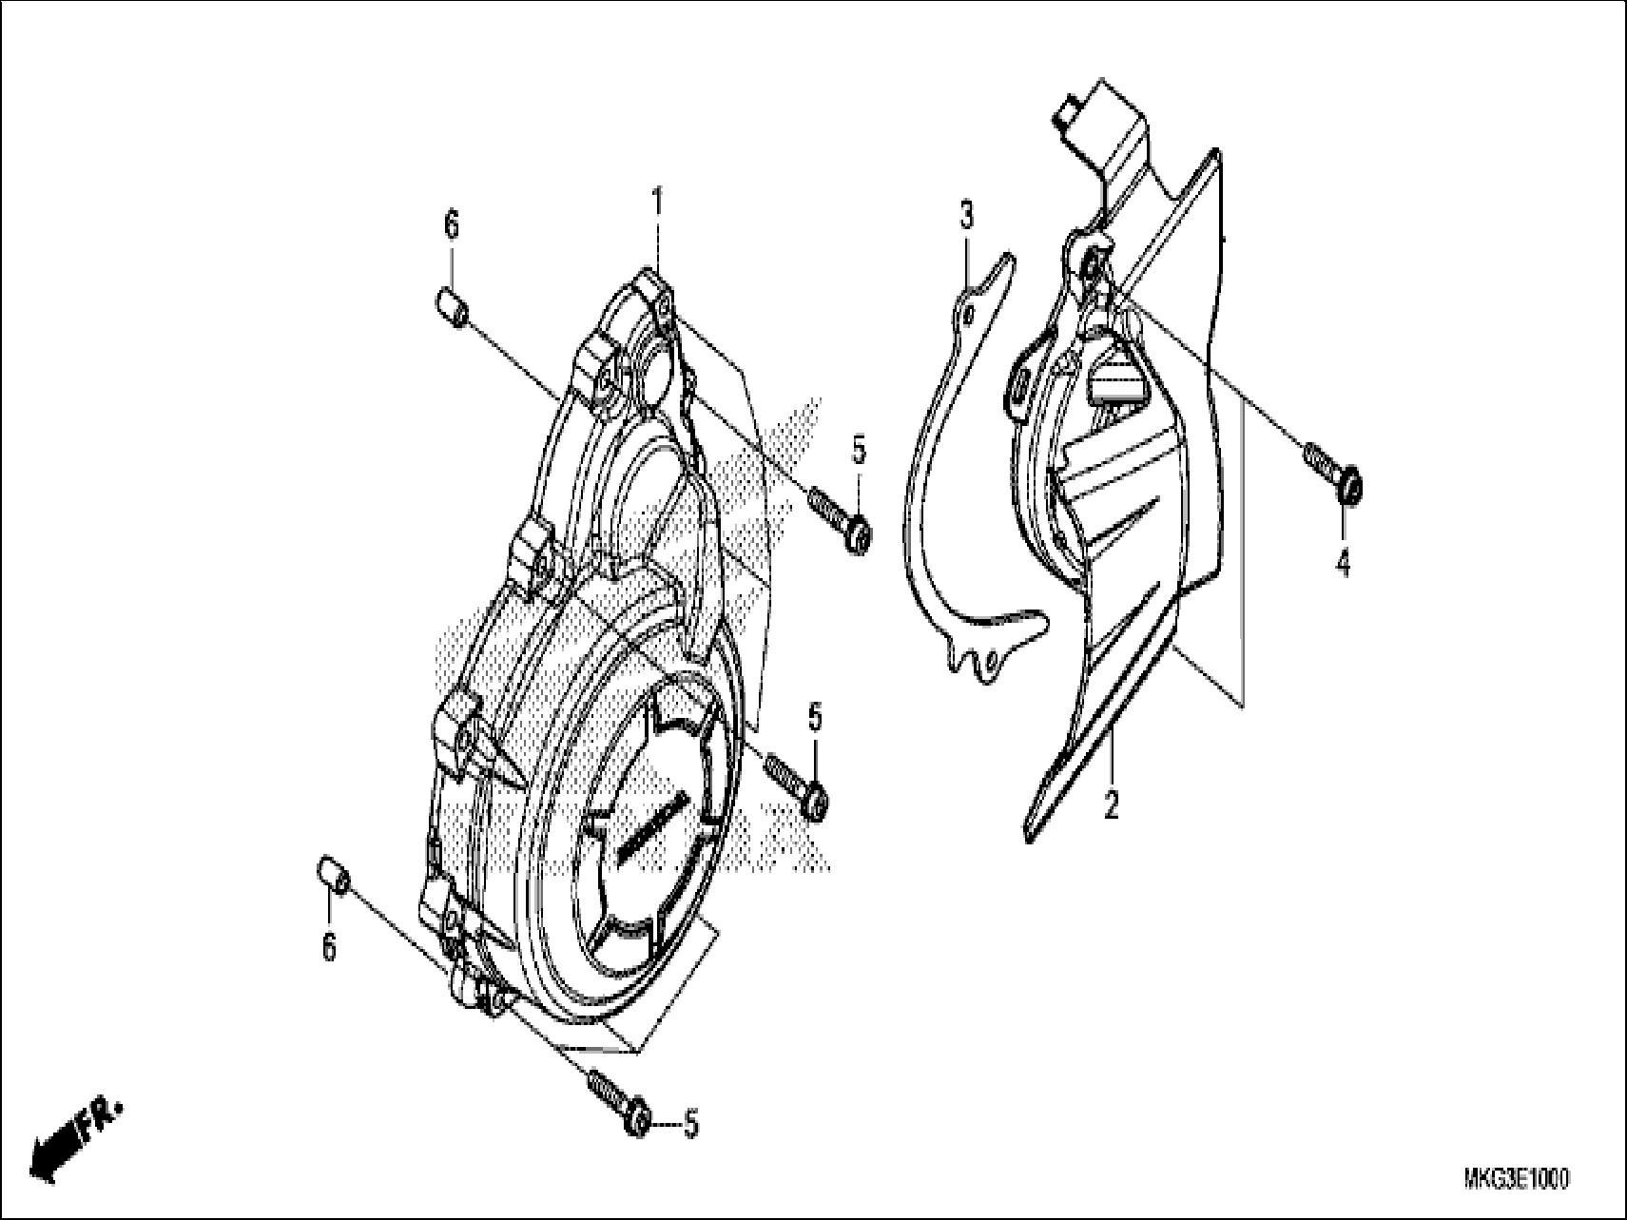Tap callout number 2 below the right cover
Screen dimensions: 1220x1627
pos(1110,804)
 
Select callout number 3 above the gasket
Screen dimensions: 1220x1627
pos(966,217)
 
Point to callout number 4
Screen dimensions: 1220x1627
pos(1342,564)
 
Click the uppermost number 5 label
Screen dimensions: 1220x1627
pos(859,449)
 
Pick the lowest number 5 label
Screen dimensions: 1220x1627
pos(691,1125)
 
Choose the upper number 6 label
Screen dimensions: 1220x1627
pos(451,225)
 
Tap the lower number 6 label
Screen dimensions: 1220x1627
pos(329,947)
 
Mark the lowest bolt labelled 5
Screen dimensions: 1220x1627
pos(617,1102)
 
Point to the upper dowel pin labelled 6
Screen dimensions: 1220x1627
pos(452,307)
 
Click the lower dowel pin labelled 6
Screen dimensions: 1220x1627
pos(333,872)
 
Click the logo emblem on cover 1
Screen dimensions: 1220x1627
pos(650,825)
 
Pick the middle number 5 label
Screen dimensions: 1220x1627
pos(815,718)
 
